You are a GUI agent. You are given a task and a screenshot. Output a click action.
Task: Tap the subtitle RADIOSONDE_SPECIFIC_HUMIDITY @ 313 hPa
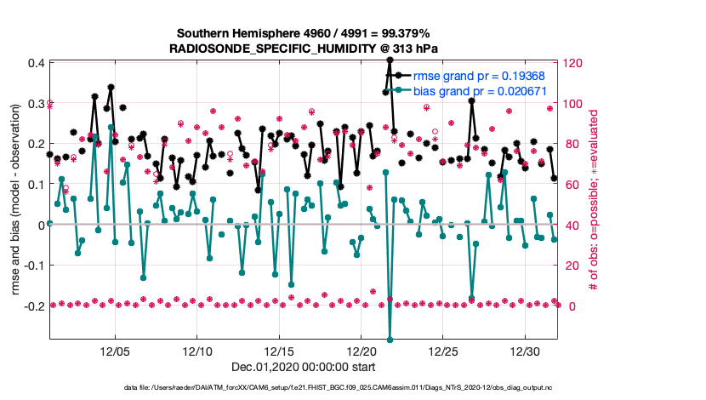pos(304,48)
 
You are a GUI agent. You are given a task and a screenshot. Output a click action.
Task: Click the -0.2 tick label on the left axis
pos(33,306)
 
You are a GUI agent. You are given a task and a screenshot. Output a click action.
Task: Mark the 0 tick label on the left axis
pos(41,225)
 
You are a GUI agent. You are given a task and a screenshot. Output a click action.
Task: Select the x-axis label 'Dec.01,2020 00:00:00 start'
pos(303,368)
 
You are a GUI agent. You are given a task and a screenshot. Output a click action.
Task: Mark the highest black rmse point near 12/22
pos(390,60)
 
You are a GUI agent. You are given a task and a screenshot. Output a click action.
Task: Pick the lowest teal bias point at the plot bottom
pos(390,340)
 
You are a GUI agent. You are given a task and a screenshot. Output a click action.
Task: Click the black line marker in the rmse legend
pos(405,75)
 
